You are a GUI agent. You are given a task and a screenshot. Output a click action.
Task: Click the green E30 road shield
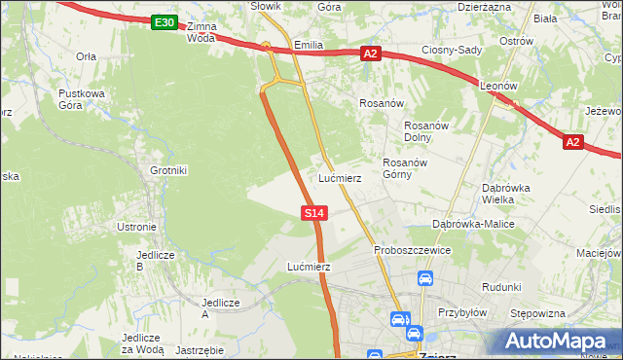coord(165,22)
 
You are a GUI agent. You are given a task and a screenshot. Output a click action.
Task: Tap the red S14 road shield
coord(312,211)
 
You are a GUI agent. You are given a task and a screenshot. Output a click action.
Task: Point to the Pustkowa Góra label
coord(82,99)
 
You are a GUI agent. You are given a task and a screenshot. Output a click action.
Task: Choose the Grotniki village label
coord(167,170)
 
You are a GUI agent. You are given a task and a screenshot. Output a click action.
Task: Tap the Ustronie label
coord(136,227)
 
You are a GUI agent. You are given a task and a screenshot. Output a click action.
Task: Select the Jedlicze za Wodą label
coord(142,342)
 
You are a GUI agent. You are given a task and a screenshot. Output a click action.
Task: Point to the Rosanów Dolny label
coord(425,131)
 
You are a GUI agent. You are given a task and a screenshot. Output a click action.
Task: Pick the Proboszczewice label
coord(412,250)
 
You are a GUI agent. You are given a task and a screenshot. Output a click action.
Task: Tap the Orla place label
coord(86,56)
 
